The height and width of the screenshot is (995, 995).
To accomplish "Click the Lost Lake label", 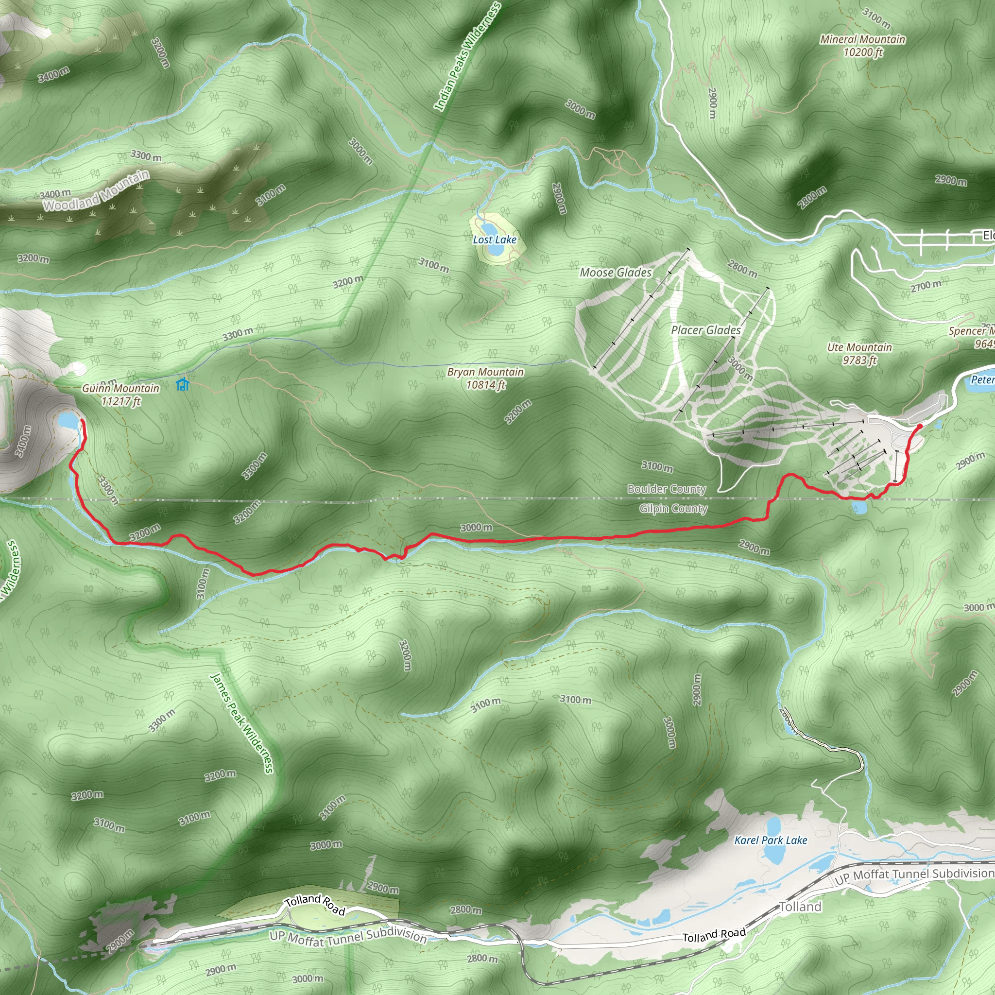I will click(x=495, y=240).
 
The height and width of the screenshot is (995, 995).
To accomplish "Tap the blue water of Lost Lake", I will click(x=495, y=250).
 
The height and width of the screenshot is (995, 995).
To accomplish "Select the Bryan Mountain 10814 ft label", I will click(x=486, y=378).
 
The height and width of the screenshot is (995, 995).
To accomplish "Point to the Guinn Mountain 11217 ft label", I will click(x=120, y=395).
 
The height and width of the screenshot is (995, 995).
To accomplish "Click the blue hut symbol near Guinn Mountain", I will click(x=182, y=384).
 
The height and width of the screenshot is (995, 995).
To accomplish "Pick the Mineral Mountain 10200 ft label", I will click(x=863, y=46).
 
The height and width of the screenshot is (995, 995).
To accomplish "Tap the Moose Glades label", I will click(x=616, y=273).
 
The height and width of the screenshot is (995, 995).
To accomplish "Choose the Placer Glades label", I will click(x=705, y=330).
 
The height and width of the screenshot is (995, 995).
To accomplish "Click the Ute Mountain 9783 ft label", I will click(x=859, y=354).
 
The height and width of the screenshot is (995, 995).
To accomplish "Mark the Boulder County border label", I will click(x=667, y=489).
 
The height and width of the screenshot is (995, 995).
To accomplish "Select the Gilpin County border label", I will click(x=673, y=509).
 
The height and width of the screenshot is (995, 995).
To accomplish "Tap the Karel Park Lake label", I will click(x=771, y=840).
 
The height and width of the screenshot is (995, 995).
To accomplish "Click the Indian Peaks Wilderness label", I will click(x=466, y=57).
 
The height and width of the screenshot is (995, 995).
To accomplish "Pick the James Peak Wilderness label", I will click(x=242, y=723).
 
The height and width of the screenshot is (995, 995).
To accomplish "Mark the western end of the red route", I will click(x=82, y=421).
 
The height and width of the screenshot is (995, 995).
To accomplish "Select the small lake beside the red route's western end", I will click(x=68, y=421).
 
